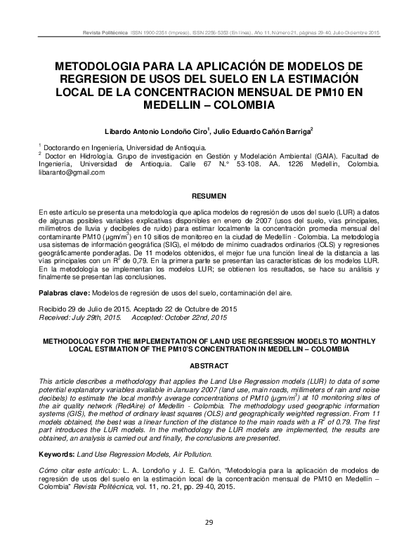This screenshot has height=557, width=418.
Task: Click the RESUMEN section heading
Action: tap(209, 194)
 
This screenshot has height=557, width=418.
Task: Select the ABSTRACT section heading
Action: tap(209, 366)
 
